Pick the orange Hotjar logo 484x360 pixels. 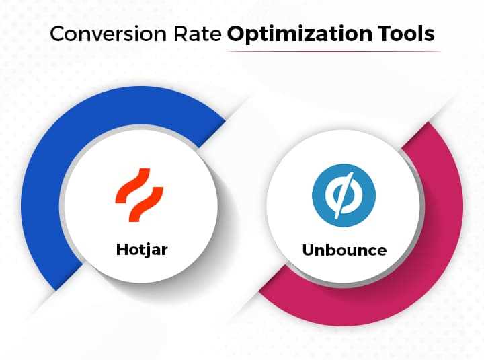[139, 191]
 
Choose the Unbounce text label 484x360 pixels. [344, 250]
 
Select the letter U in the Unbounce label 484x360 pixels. [309, 250]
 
